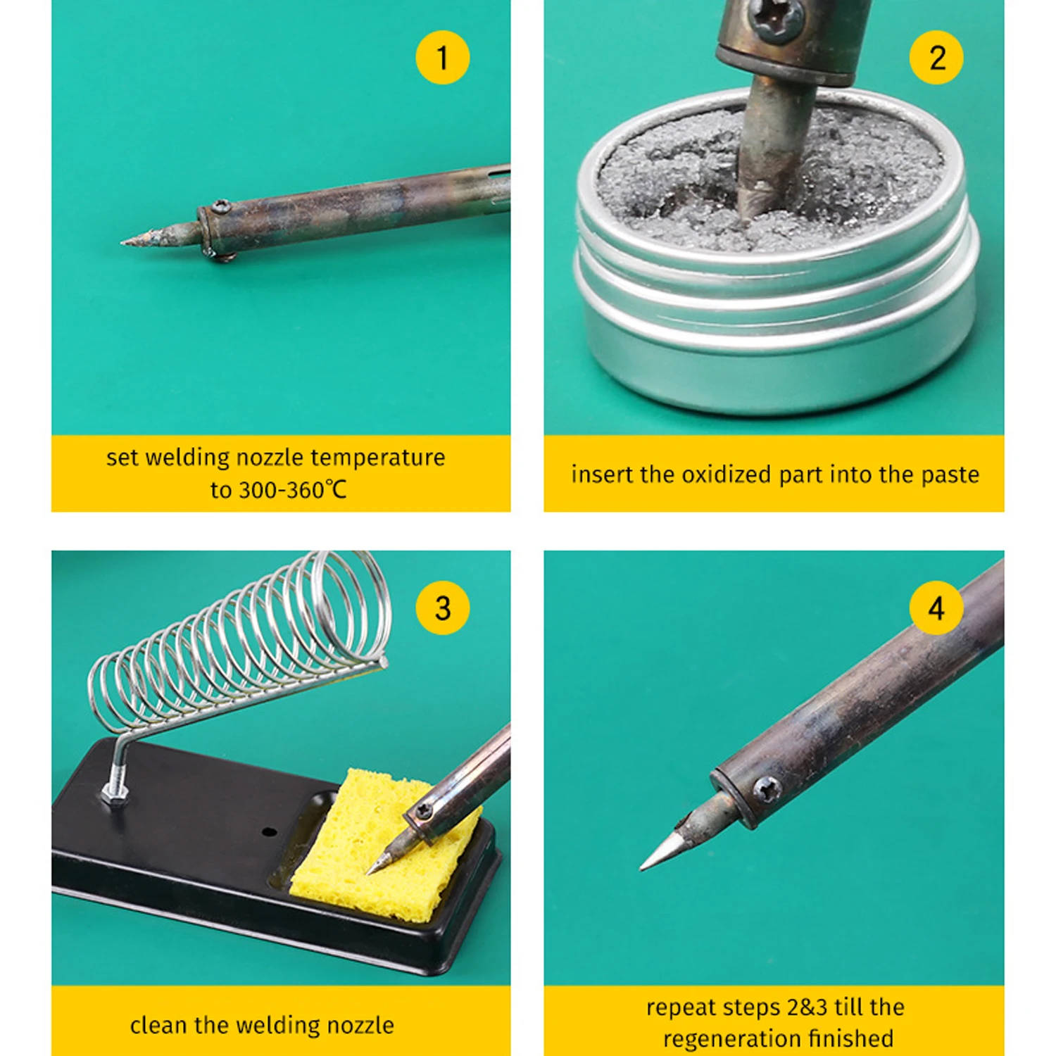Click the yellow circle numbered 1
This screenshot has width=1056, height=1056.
pos(442,58)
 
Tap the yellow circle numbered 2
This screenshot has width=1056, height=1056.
pos(936,58)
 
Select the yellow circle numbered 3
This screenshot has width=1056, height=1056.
pos(442,608)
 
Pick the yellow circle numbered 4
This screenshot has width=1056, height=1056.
pos(936,608)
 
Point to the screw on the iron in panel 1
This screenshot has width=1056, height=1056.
pos(221,206)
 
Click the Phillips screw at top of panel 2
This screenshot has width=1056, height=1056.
pos(776,17)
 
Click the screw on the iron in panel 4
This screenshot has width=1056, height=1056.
pos(767,790)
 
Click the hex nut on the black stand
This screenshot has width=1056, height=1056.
pos(115,794)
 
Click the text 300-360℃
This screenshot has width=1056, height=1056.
pos(279,490)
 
